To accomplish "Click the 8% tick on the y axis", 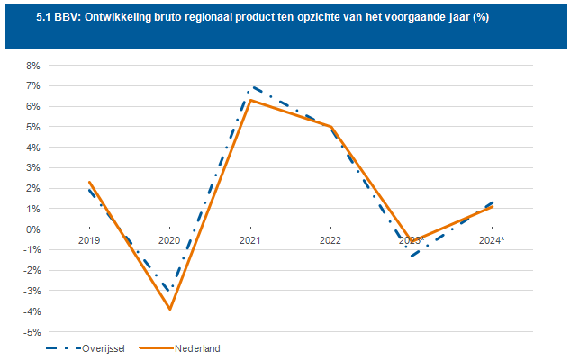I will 33,66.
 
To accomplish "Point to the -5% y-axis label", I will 32,332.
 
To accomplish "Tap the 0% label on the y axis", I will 33,229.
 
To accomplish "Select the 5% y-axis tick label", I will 33,127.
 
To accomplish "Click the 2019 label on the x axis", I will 89,240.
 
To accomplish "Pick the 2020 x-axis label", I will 169,240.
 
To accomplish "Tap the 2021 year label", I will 249,240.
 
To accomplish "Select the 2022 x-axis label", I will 330,240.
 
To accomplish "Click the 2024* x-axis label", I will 491,240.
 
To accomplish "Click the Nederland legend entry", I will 197,347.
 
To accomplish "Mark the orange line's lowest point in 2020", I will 169,309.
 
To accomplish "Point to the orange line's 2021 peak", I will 249,100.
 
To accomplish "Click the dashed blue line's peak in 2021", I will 251,87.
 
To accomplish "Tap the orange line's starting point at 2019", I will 89,182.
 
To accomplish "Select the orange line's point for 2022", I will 330,127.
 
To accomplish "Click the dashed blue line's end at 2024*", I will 491,202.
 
